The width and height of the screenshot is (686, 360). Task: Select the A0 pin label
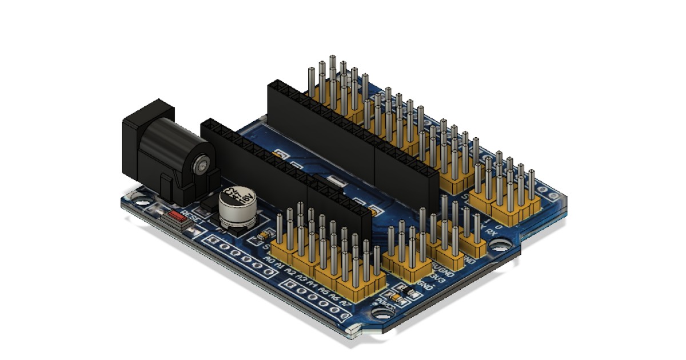(270, 261)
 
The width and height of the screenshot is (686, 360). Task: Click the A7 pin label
(345, 301)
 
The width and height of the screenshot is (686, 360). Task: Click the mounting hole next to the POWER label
(379, 313)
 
